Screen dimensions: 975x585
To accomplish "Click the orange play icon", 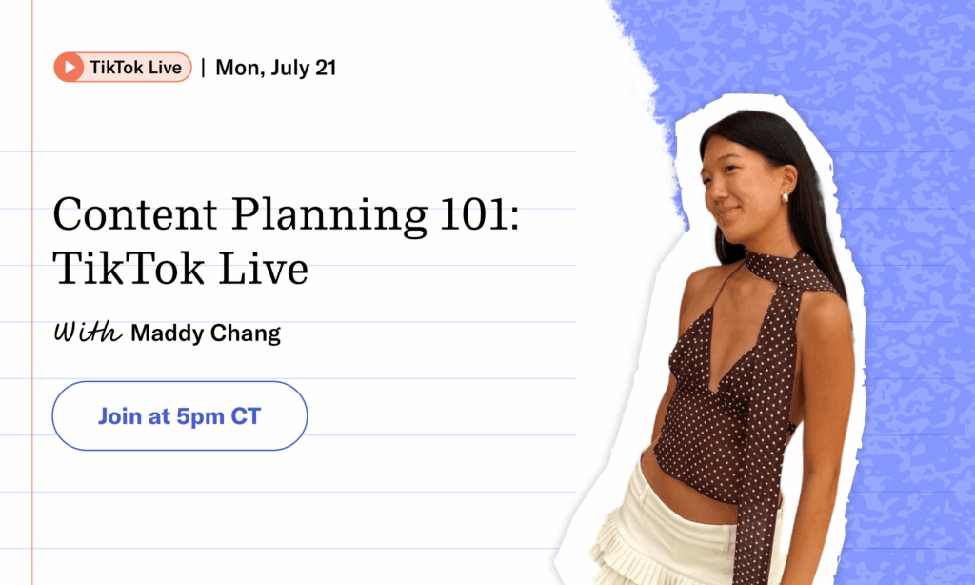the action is pos(69,68).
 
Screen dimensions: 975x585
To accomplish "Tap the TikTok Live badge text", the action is pos(135,68).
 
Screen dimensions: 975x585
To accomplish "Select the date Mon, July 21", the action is pos(275,68).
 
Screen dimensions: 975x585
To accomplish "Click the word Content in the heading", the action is pos(135,214).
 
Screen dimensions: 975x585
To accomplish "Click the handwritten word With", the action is pos(88,332).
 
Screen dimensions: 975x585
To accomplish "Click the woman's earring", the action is pos(785,197).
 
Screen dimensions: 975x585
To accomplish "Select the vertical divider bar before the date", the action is pos(203,68).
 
